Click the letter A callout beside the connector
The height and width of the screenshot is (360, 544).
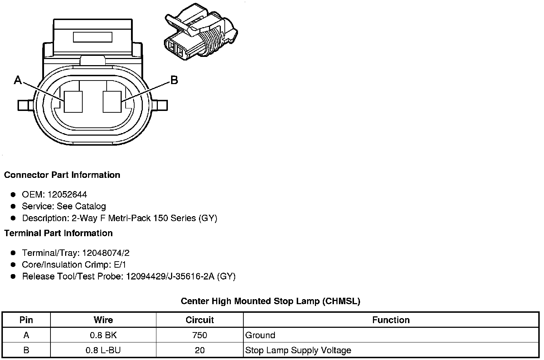tap(18, 80)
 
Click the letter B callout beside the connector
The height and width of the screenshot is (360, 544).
tap(174, 80)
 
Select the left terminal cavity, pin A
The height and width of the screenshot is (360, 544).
tap(73, 102)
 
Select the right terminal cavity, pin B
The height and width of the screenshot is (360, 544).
tap(112, 102)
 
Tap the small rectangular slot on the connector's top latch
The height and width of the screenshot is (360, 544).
tap(93, 37)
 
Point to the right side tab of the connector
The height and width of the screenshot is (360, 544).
tap(160, 105)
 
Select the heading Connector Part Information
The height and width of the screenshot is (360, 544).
tap(62, 175)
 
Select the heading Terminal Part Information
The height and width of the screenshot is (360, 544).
tap(58, 233)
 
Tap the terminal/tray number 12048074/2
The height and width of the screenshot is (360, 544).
tap(106, 253)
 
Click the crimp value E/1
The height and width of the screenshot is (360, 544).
tap(119, 265)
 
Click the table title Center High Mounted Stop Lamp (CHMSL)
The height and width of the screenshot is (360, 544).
tap(270, 301)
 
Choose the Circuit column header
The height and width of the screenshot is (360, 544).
tap(199, 320)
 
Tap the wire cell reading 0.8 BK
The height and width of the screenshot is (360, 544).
tap(103, 335)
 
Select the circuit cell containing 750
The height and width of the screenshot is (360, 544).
tap(199, 335)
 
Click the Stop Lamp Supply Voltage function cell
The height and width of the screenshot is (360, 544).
tap(298, 350)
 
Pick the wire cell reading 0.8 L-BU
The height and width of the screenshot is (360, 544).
tap(103, 350)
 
